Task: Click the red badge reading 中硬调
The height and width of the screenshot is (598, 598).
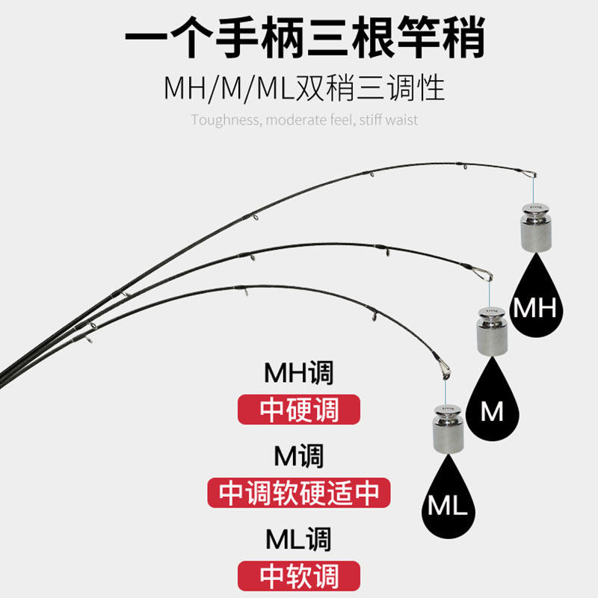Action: click(x=299, y=410)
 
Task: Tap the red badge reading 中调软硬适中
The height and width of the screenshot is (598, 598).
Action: click(x=299, y=493)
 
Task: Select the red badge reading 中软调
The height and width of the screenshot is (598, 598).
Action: click(x=299, y=576)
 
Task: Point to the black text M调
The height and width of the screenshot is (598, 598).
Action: click(x=299, y=455)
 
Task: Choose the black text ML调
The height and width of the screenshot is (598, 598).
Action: click(x=299, y=539)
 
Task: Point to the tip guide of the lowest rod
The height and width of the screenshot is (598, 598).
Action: click(x=443, y=369)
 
